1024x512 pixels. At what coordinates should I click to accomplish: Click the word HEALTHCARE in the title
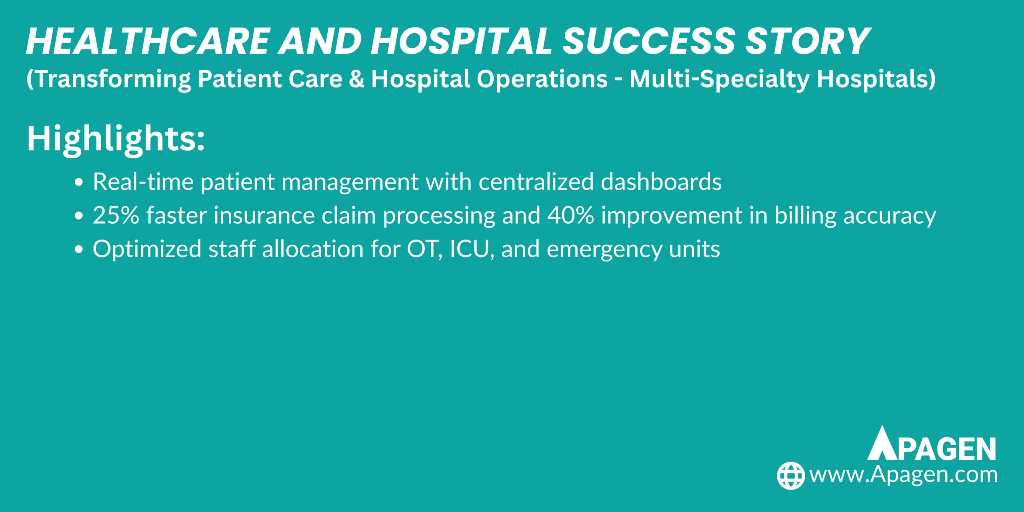tap(148, 41)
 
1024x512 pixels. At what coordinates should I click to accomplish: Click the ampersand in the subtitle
tap(356, 79)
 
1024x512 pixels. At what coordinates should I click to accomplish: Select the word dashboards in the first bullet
tap(661, 182)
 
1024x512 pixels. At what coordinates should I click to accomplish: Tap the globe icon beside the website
tap(791, 475)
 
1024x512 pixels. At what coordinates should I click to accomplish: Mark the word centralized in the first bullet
tap(536, 182)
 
